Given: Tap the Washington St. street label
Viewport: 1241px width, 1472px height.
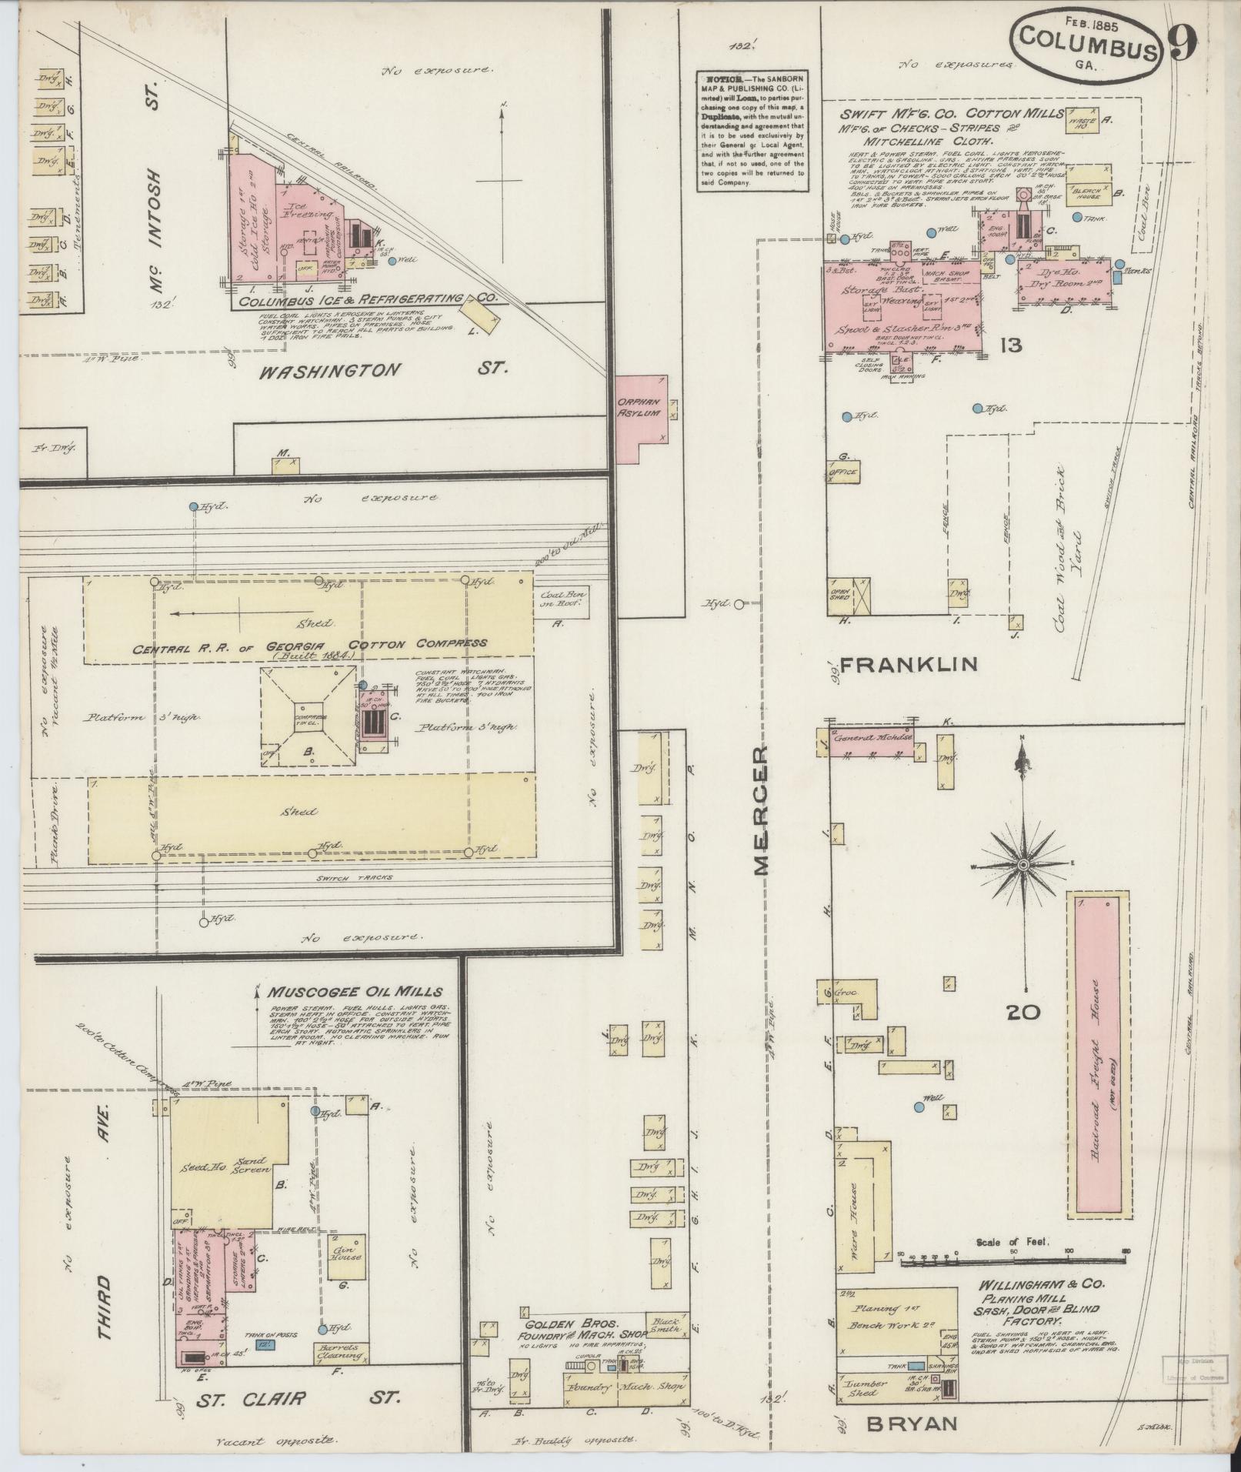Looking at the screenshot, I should click(x=383, y=370).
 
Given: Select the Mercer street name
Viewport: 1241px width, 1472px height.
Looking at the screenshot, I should click(x=762, y=810).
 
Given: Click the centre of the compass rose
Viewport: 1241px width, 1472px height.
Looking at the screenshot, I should click(x=1023, y=866).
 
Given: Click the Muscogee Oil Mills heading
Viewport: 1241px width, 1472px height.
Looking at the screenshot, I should click(x=355, y=992).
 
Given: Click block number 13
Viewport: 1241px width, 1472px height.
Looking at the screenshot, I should click(x=1009, y=345).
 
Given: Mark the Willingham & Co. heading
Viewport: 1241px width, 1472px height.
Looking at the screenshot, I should click(x=1042, y=1284).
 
